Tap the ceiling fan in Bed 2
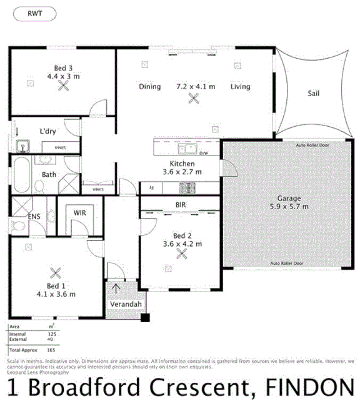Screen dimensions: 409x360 pyautogui.click(x=181, y=255)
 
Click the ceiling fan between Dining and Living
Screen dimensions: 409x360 pyautogui.click(x=194, y=97)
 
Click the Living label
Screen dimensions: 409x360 pyautogui.click(x=240, y=87)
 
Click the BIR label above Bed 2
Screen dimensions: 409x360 pyautogui.click(x=181, y=204)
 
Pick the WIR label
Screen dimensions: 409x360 pyautogui.click(x=79, y=213)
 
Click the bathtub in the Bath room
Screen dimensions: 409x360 pyautogui.click(x=21, y=175)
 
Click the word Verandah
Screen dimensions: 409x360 pyautogui.click(x=125, y=305)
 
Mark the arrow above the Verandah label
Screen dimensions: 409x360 pyautogui.click(x=116, y=289)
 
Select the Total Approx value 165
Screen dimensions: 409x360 pyautogui.click(x=52, y=351)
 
